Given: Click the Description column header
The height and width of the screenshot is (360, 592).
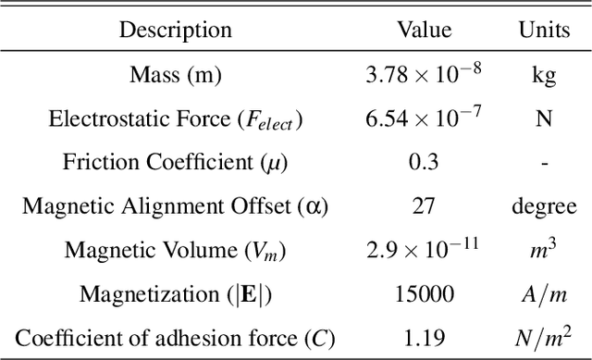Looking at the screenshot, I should pos(175,31).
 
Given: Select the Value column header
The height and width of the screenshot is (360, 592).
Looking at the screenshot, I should pos(424,31).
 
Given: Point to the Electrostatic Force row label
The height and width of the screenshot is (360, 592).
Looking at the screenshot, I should pos(175,120).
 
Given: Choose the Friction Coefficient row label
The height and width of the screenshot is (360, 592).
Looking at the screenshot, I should pos(175,164).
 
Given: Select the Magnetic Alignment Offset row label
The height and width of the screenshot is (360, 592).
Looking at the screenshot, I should pos(175,207).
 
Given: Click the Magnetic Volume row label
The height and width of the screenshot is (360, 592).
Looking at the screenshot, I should pos(175,251).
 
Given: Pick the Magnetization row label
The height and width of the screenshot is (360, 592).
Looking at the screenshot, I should pos(175,295).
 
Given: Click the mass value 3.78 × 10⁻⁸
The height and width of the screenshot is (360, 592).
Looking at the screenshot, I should pos(424,75).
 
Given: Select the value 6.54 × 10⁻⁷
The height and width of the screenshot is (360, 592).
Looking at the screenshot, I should pos(424,118).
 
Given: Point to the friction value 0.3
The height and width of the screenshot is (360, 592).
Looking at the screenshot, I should pos(424,164).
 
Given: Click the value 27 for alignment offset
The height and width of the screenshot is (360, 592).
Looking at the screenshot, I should pos(424,207).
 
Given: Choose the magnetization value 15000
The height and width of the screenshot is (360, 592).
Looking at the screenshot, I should pos(424,295).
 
